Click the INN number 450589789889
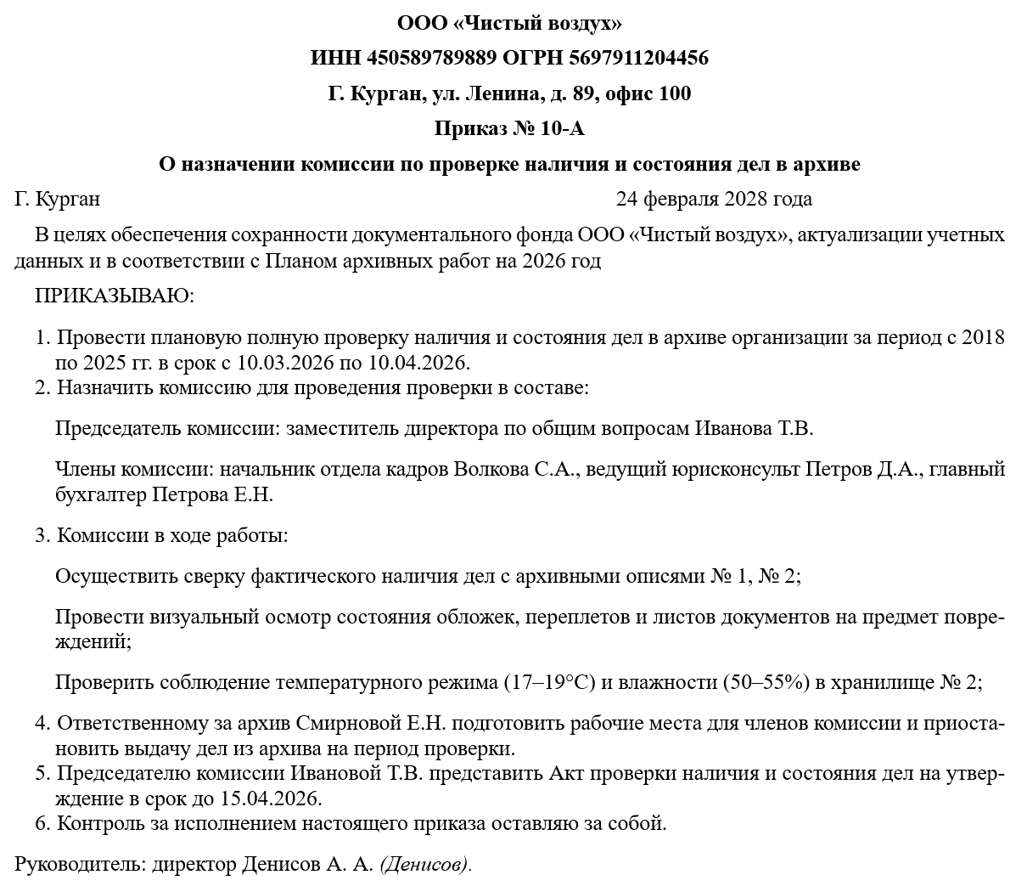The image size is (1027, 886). tap(432, 58)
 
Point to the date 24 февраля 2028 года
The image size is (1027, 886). tap(714, 199)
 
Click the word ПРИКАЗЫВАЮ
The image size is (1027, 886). tap(115, 296)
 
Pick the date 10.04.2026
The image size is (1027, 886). tap(418, 363)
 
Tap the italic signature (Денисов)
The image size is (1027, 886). tap(424, 865)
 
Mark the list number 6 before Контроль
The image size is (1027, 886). tap(41, 823)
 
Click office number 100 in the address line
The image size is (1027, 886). tap(675, 93)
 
